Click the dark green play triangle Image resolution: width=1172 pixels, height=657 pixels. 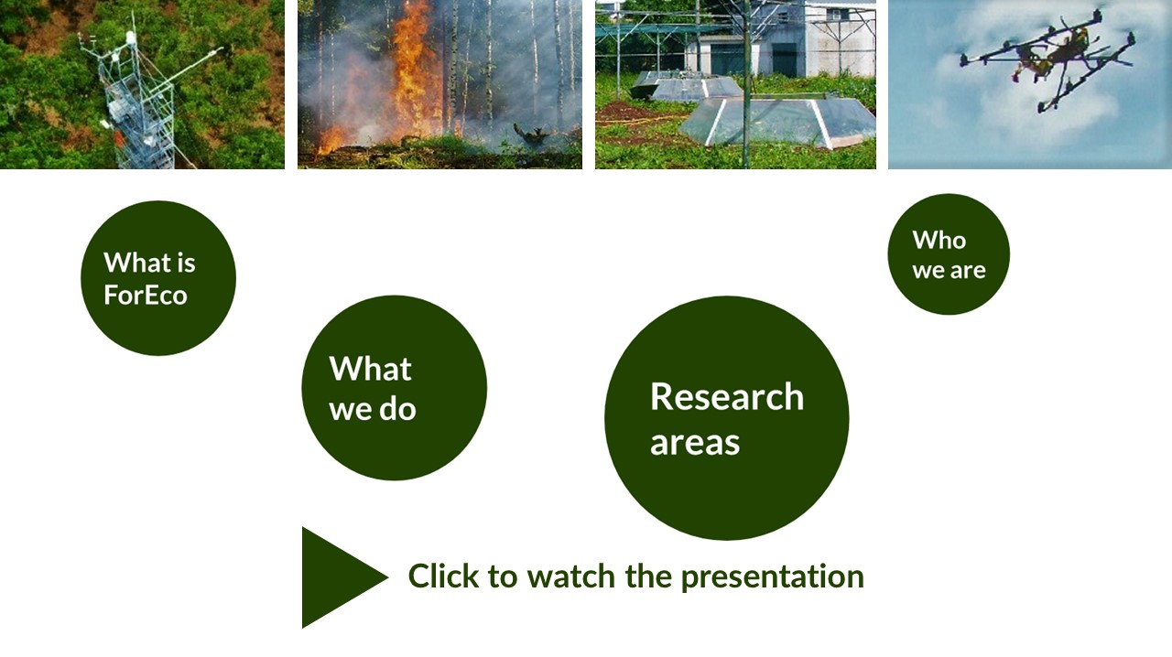click(335, 577)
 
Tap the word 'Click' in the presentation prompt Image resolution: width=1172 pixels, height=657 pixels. click(443, 576)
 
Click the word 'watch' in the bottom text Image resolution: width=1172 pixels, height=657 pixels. click(570, 576)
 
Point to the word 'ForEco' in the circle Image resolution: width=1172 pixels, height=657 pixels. click(146, 295)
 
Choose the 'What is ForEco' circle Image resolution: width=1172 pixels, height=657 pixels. click(158, 278)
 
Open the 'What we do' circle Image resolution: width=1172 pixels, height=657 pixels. click(395, 388)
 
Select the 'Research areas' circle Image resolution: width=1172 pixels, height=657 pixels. click(727, 418)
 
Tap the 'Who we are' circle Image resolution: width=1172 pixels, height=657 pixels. click(949, 254)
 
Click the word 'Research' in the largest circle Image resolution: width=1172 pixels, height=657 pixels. click(727, 396)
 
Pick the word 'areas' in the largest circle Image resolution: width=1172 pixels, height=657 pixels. click(695, 443)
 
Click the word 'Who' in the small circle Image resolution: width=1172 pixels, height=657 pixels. click(939, 240)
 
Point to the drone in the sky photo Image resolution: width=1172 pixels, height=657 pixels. click(1047, 60)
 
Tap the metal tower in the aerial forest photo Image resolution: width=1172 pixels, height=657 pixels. click(138, 104)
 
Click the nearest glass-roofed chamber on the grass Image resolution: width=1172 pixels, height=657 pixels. click(777, 122)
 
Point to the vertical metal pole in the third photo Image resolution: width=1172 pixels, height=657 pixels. click(746, 83)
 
